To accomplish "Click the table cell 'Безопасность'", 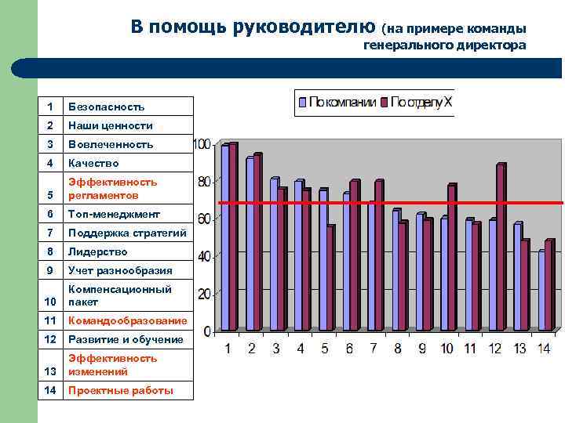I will pyautogui.click(x=106, y=107).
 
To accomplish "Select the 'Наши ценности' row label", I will pyautogui.click(x=110, y=125).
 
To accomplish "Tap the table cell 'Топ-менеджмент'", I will pyautogui.click(x=114, y=214).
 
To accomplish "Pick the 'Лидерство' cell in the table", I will pyautogui.click(x=97, y=252).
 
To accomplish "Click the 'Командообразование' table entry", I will pyautogui.click(x=127, y=321).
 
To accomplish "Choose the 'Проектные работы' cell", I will pyautogui.click(x=120, y=391).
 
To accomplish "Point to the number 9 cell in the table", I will pyautogui.click(x=49, y=271).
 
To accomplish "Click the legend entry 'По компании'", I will pyautogui.click(x=335, y=103).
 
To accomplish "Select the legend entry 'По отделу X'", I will pyautogui.click(x=421, y=103).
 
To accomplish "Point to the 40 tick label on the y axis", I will pyautogui.click(x=204, y=256).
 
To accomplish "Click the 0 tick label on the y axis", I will pyautogui.click(x=207, y=331).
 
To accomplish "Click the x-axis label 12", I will pyautogui.click(x=495, y=349).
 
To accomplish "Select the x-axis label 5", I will pyautogui.click(x=325, y=349).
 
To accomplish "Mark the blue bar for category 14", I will pyautogui.click(x=541, y=296).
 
